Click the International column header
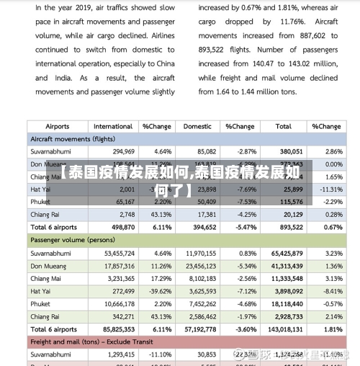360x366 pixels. tap(113, 126)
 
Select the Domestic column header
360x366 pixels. tap(197, 126)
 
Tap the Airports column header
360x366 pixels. tap(43, 126)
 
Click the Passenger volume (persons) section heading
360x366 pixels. tap(72, 240)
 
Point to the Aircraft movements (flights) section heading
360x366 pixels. tap(72, 138)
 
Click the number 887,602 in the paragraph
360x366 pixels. tap(301, 35)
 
